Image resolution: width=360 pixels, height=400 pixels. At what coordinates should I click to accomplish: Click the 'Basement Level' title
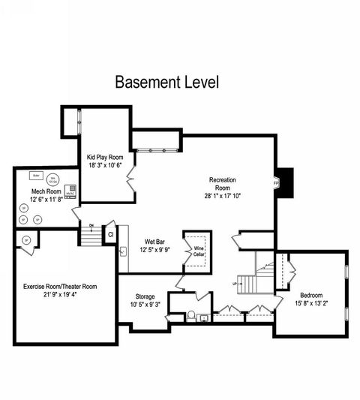point(166,82)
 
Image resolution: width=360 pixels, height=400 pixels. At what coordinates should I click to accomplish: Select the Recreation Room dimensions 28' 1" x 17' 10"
point(223,195)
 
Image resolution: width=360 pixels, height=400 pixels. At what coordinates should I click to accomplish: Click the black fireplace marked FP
point(283,182)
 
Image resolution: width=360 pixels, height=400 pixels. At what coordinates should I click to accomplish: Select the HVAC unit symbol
point(71,191)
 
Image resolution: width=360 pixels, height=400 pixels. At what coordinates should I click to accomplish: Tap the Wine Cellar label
point(199,251)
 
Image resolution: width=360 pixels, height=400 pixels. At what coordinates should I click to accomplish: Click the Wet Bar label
point(155,241)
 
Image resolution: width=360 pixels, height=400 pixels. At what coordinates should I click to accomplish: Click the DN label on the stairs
point(91,226)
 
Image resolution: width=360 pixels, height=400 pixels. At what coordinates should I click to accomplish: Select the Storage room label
point(145,296)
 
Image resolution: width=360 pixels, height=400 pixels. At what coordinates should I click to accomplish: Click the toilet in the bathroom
point(193,315)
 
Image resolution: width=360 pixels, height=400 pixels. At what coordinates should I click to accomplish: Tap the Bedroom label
point(310,294)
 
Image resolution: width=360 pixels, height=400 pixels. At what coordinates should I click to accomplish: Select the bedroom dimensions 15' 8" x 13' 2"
point(310,302)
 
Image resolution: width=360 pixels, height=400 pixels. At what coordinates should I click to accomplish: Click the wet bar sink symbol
point(122,251)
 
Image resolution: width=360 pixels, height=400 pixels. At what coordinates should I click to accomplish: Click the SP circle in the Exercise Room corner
point(26,240)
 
